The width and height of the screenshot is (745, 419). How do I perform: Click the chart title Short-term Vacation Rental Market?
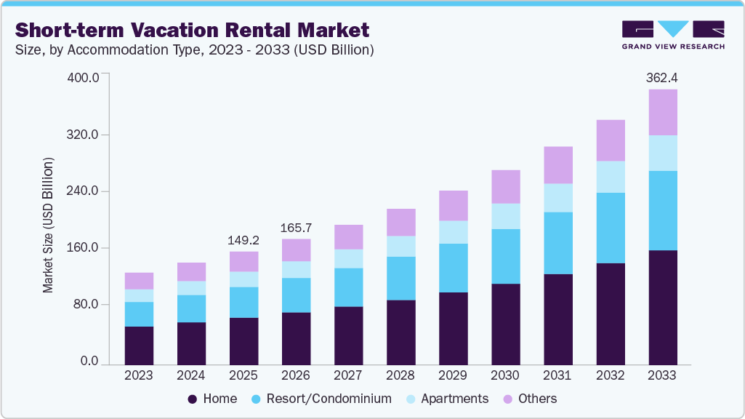coord(193,30)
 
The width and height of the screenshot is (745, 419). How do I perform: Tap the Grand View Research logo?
coord(672,34)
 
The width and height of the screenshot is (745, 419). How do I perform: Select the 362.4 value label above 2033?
coord(662,77)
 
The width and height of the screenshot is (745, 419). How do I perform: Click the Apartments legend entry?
coord(449,399)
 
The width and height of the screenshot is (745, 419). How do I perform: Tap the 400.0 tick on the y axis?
coord(83,78)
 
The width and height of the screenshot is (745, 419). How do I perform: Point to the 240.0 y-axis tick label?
coord(83,191)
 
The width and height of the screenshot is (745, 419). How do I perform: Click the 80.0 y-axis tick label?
coord(86,304)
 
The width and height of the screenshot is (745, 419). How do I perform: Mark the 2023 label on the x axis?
coord(139,375)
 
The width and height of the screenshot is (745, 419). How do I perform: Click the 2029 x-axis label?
coord(453,375)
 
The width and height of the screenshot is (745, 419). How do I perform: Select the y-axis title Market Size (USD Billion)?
coord(48,224)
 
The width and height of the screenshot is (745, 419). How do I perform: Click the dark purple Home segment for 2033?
coord(662,307)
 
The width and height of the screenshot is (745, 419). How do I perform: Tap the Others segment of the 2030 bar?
coord(505,187)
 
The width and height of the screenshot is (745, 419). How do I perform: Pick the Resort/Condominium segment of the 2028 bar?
coord(400,278)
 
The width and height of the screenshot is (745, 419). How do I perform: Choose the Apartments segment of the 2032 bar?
coord(610,177)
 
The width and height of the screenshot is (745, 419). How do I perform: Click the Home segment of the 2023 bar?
coord(139,346)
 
